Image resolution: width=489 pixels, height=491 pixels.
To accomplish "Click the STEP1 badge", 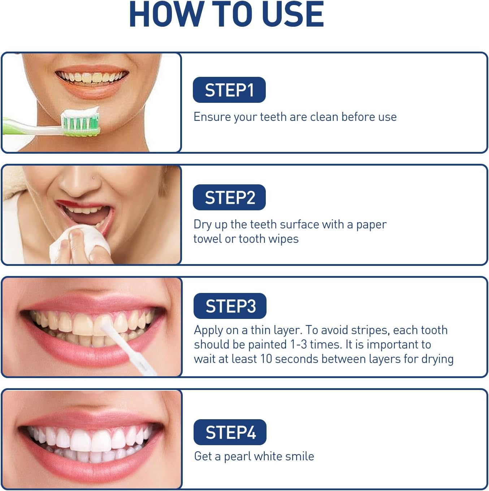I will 229,90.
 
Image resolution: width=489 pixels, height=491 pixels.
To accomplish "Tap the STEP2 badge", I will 229,197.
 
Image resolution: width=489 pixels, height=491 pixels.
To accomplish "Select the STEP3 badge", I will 230,306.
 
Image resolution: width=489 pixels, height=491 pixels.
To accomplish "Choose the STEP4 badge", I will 230,432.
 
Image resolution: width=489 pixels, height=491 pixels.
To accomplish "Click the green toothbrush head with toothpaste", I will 80,122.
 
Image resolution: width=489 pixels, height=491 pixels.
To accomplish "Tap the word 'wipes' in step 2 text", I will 284,239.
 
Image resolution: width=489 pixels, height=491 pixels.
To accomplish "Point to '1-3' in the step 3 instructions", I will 299,345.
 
